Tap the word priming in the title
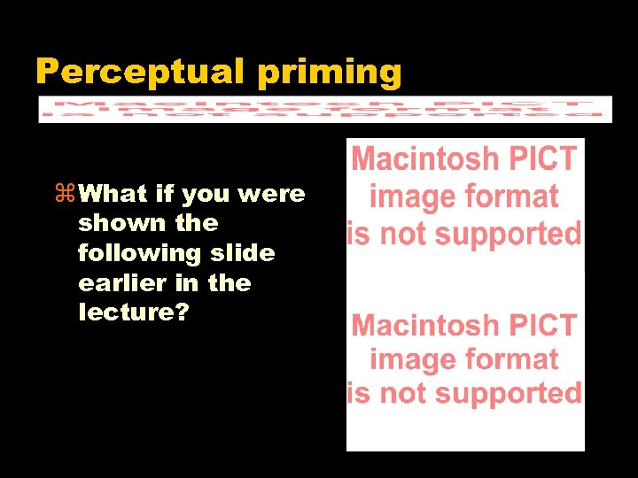point(330,72)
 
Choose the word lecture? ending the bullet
point(133,313)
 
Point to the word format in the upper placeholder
point(515,197)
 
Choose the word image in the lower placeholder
point(408,360)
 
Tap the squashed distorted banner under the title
point(325,109)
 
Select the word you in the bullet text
point(205,193)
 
